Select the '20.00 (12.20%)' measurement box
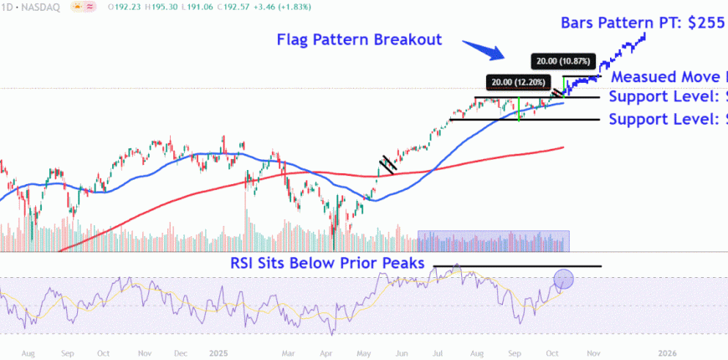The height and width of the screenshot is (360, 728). [519, 82]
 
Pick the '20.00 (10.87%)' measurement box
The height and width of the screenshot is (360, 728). [563, 61]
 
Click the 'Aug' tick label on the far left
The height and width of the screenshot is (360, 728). [28, 353]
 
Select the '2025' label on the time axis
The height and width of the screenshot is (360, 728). [219, 353]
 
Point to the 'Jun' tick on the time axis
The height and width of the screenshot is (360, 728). [403, 353]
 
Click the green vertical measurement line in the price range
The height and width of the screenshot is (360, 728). [520, 109]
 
